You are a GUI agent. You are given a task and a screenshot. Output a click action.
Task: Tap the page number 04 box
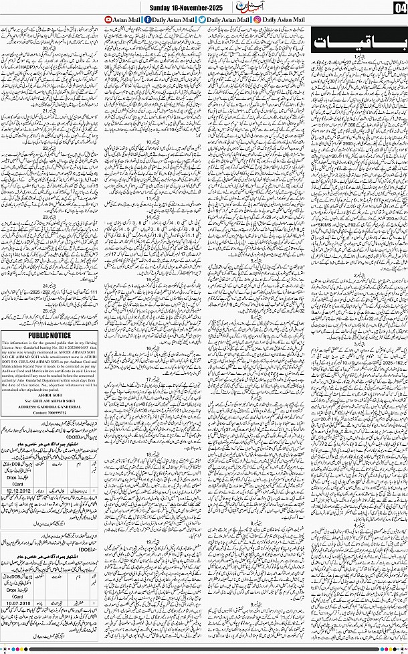pos(399,7)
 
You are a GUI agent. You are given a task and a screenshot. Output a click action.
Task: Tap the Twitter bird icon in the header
pos(201,21)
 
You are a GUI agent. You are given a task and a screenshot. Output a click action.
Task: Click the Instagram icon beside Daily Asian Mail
pos(258,21)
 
